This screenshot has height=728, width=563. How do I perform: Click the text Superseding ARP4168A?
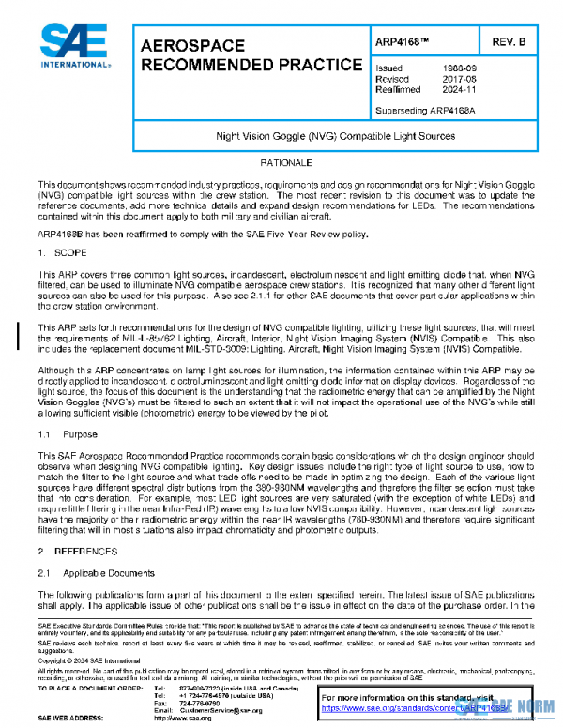427,109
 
